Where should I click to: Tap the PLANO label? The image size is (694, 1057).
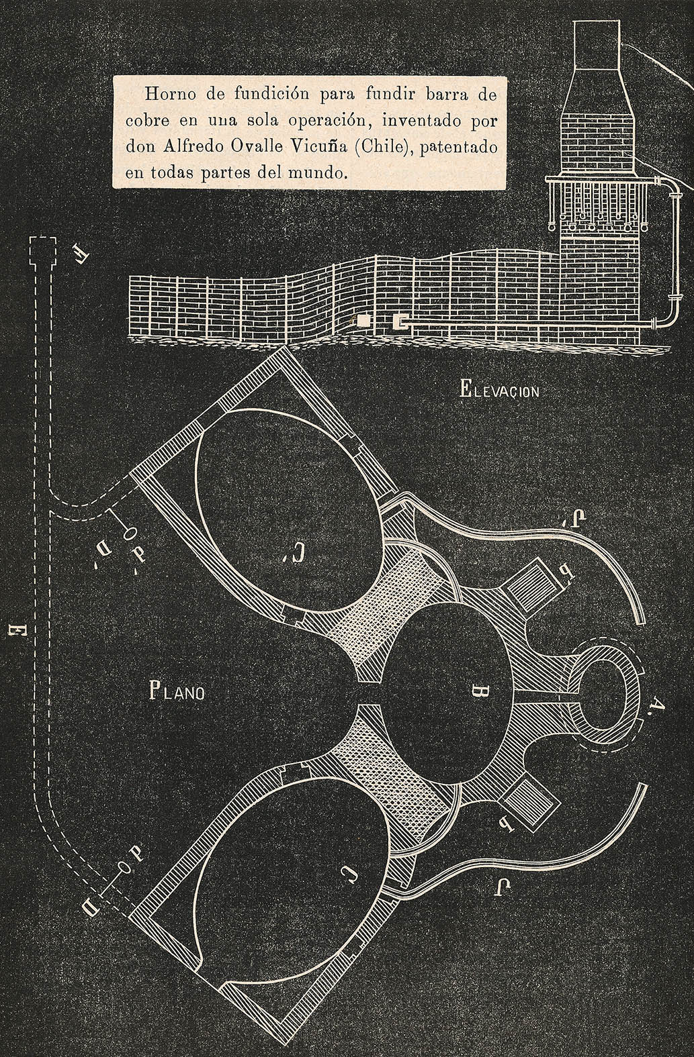tap(175, 691)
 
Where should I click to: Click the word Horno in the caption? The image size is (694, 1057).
tap(167, 94)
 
